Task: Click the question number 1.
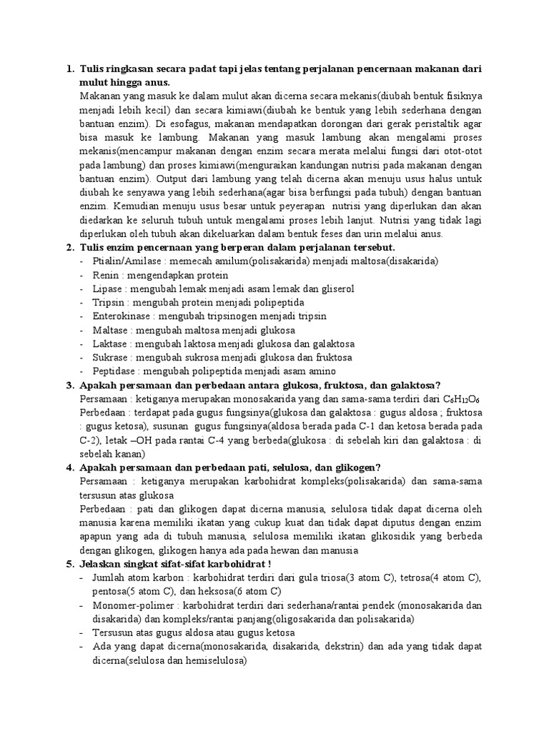point(69,69)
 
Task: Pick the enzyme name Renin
point(104,275)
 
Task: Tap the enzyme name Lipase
point(106,288)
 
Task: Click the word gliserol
point(337,288)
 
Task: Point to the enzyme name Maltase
point(109,330)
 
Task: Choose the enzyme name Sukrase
point(109,358)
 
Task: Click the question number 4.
point(69,468)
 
